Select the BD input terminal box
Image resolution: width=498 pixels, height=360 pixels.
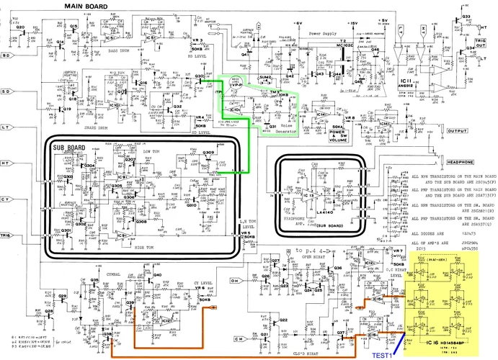click(x=6, y=55)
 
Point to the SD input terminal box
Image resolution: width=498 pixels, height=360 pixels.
click(x=6, y=91)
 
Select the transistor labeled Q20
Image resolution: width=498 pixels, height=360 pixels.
click(x=19, y=27)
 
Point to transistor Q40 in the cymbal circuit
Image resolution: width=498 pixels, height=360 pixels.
click(x=157, y=274)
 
